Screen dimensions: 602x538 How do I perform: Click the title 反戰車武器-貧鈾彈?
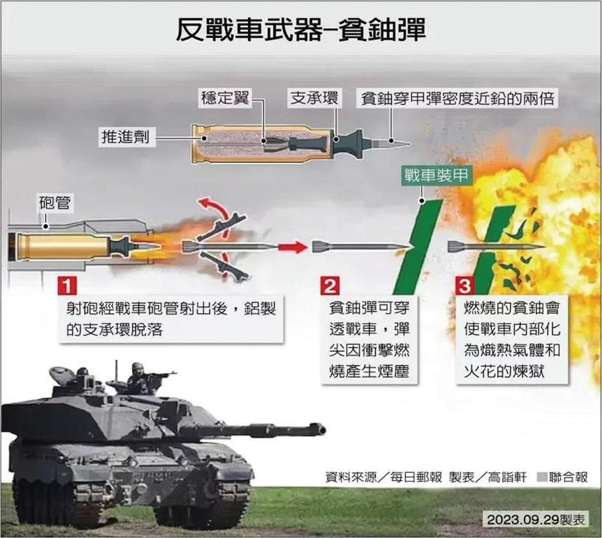click(301, 30)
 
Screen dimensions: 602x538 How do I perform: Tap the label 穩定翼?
click(224, 98)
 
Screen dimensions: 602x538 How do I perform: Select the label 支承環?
click(314, 98)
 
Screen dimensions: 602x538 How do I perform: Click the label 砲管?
click(54, 205)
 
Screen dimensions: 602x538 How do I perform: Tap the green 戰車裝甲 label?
click(436, 174)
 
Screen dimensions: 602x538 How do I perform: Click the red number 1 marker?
click(68, 284)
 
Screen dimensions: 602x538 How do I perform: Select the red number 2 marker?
click(330, 284)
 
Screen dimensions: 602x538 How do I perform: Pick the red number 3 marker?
click(464, 284)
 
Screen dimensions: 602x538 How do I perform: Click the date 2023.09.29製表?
click(536, 519)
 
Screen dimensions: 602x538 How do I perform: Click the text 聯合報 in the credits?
click(569, 477)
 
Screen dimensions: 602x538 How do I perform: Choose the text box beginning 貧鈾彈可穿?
click(368, 339)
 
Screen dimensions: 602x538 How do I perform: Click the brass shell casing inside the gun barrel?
click(61, 246)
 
